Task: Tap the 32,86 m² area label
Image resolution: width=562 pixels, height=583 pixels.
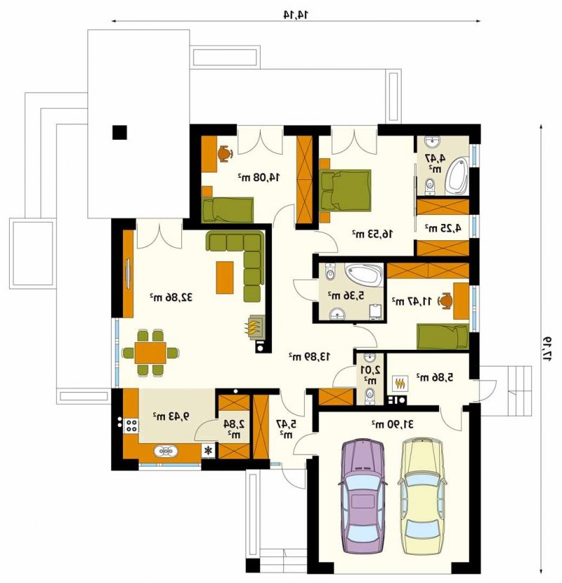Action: pos(171,297)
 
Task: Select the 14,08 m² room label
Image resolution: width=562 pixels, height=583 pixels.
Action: pos(259,177)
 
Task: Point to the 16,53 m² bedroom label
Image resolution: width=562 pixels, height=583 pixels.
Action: pos(372,234)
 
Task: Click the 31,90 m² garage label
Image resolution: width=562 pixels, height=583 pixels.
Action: pos(393,424)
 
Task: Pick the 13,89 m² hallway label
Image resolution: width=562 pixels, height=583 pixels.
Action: pos(310,357)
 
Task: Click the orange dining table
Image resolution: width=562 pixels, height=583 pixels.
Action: pos(150,353)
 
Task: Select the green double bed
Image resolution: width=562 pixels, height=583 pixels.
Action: pos(345,190)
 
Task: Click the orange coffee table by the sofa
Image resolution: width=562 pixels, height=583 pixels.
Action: pos(225,277)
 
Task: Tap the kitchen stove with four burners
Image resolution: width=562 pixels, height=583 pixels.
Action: pos(131,426)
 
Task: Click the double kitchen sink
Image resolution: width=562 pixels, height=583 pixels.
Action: pos(166,451)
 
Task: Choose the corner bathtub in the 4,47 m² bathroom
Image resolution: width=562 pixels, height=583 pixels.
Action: pos(457,176)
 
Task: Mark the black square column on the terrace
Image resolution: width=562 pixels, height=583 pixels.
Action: pos(119,133)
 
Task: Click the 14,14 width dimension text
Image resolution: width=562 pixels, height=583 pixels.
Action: pos(296,15)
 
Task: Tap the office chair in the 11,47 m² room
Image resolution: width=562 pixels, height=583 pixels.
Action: pos(445,301)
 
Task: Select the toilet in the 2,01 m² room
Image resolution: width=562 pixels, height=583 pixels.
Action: pos(370,395)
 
